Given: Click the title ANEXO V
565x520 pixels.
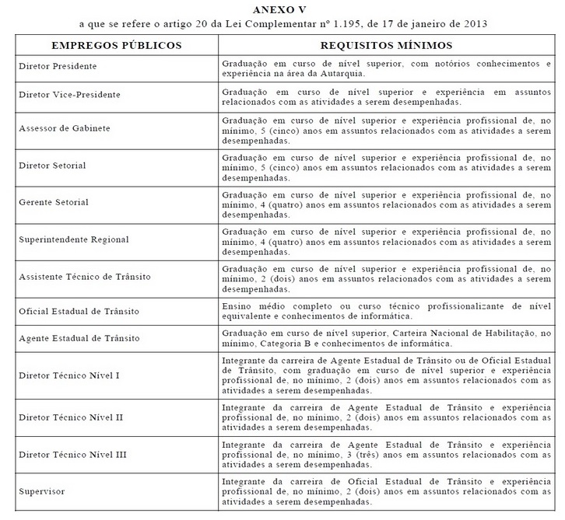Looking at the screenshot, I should (x=282, y=9).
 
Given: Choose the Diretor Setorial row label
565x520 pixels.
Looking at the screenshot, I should (x=52, y=166).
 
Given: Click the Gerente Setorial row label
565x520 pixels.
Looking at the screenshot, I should (x=54, y=202).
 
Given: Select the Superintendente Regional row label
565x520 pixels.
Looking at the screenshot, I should (x=74, y=239).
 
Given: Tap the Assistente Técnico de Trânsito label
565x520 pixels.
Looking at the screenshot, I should (x=84, y=277).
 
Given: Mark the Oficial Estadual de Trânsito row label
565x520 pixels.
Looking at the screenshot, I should (x=79, y=311).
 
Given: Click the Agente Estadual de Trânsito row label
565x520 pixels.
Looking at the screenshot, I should (x=79, y=338).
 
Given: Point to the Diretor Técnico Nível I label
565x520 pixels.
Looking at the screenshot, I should (x=68, y=375).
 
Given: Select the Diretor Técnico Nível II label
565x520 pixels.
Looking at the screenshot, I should (x=71, y=417).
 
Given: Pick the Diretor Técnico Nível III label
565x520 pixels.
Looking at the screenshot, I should (x=72, y=454).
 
